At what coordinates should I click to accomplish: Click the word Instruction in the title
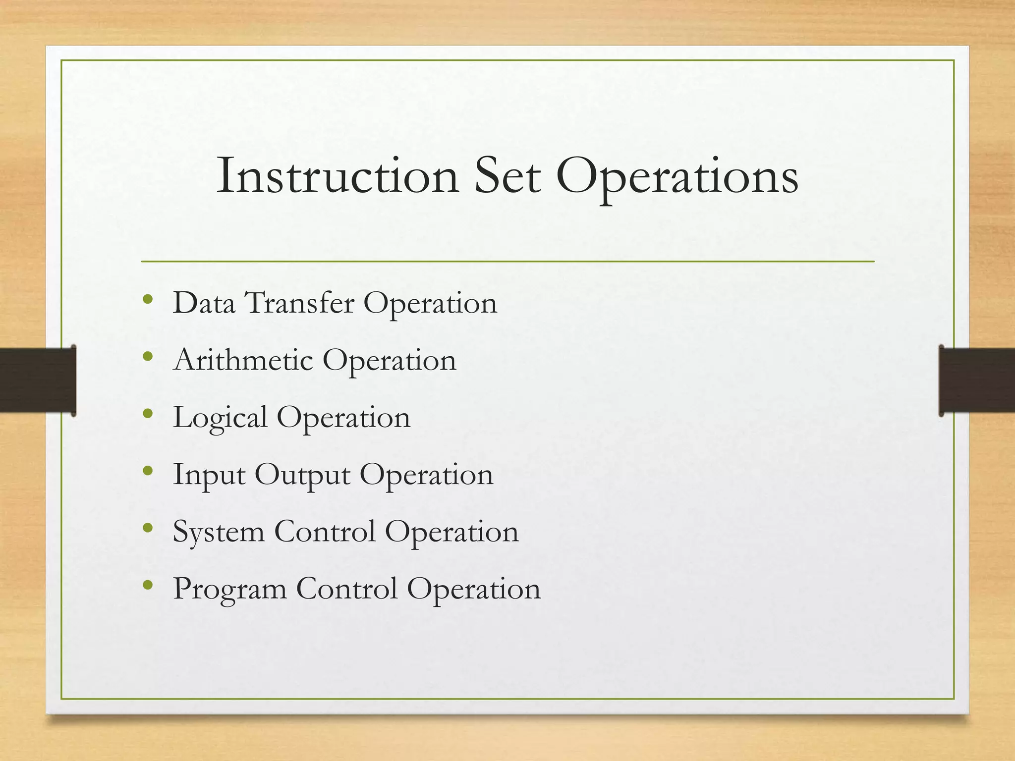(x=338, y=176)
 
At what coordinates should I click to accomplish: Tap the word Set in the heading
(x=507, y=176)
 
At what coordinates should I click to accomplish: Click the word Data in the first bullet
(x=204, y=303)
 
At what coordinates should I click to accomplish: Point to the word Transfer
(x=300, y=303)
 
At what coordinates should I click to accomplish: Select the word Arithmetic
(x=243, y=360)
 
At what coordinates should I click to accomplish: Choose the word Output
(x=302, y=475)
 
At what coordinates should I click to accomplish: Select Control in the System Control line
(x=325, y=532)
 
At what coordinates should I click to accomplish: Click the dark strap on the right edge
(x=977, y=380)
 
